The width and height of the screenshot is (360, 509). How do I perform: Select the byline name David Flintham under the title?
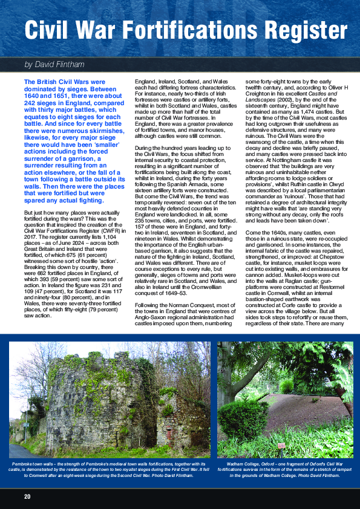click(x=62, y=64)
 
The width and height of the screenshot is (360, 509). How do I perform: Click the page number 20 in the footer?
click(x=27, y=496)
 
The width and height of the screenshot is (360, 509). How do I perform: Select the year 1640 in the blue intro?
click(x=32, y=95)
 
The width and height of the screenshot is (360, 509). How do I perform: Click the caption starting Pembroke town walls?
click(x=109, y=470)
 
